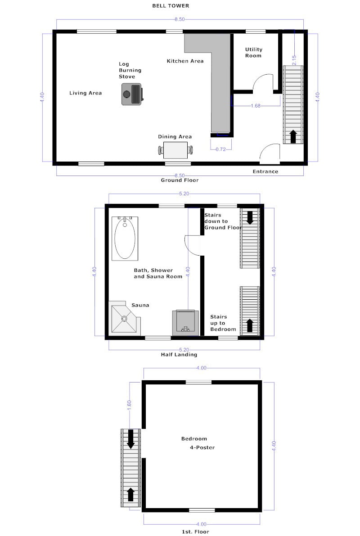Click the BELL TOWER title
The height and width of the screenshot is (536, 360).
tap(171, 6)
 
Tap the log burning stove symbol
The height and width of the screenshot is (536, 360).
tap(132, 94)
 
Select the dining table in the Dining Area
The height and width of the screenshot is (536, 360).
tap(175, 150)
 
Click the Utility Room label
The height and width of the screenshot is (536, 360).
tap(254, 52)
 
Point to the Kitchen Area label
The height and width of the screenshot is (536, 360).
tap(185, 61)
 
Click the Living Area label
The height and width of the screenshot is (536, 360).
tap(85, 93)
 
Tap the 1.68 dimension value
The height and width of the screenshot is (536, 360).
tap(256, 106)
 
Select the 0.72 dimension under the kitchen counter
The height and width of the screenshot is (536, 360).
tap(221, 149)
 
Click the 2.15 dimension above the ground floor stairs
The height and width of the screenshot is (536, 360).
tap(294, 60)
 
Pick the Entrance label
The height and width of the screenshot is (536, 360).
tap(265, 171)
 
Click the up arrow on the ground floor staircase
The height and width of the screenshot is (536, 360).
tap(293, 136)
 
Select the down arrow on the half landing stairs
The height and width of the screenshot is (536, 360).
tap(250, 218)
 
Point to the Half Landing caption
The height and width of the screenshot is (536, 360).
tap(179, 355)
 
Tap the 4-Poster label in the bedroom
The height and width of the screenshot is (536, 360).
tap(202, 447)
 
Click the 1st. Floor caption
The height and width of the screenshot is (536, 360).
tap(195, 531)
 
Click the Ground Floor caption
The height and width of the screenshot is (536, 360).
tap(180, 180)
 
